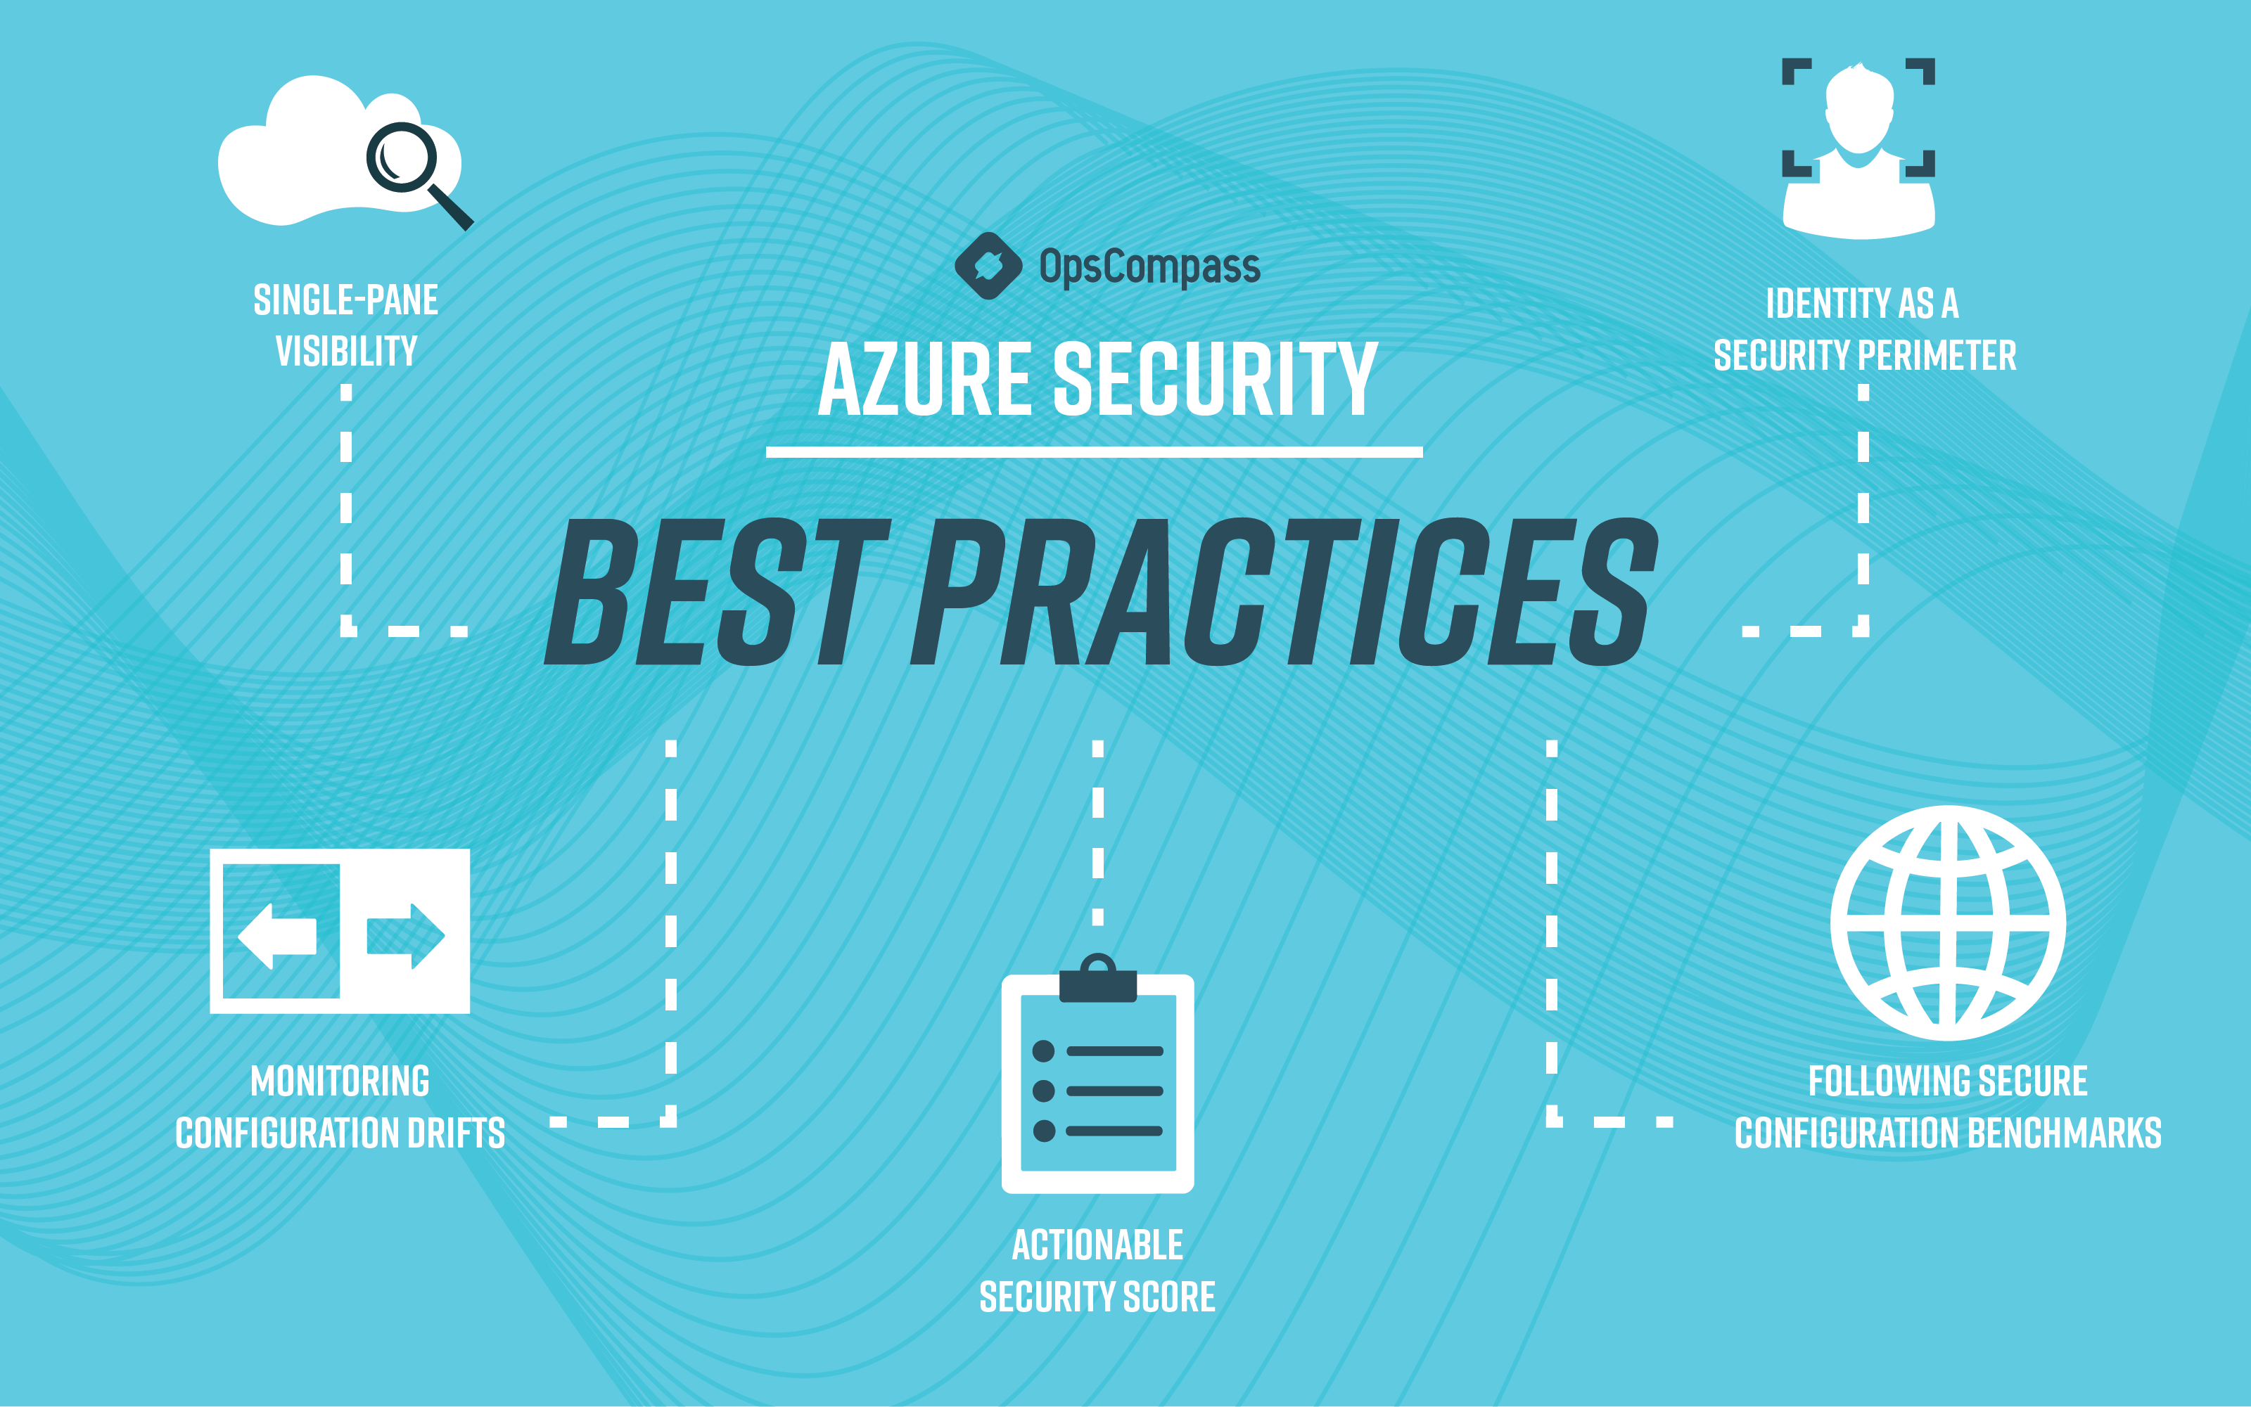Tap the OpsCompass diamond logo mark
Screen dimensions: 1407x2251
click(x=988, y=266)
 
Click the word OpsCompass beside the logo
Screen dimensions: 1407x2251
click(x=1149, y=267)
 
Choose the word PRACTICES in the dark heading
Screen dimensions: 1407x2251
click(x=1284, y=592)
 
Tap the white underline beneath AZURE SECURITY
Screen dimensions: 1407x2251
click(x=1094, y=452)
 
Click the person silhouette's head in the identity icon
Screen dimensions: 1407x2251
click(x=1859, y=107)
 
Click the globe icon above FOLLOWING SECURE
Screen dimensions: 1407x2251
click(x=1948, y=923)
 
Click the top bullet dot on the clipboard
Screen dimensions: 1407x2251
click(x=1044, y=1051)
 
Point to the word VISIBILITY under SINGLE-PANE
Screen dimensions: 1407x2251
click(x=346, y=352)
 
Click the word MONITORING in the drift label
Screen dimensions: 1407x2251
click(x=340, y=1081)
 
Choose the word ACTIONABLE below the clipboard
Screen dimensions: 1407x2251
click(x=1097, y=1245)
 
